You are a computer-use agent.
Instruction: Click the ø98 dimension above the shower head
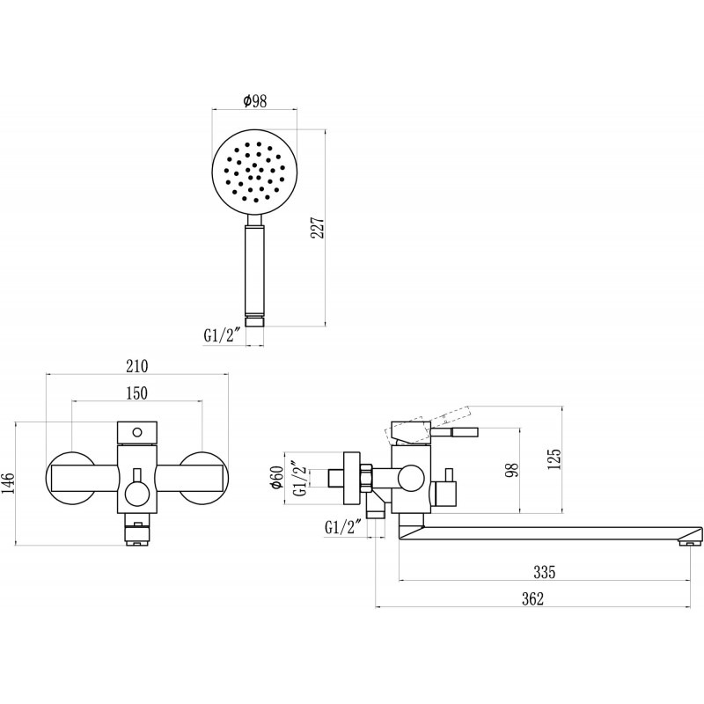click(x=255, y=100)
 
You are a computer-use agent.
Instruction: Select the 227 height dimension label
click(x=318, y=228)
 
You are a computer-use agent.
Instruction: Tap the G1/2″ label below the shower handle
click(x=223, y=335)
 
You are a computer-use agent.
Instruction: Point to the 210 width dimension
click(x=137, y=366)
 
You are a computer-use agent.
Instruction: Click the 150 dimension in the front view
click(x=137, y=392)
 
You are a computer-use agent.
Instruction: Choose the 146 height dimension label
click(x=9, y=483)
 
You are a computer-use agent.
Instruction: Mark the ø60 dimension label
click(x=277, y=477)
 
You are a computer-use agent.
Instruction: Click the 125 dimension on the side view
click(x=554, y=458)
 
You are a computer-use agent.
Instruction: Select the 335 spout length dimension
click(x=545, y=572)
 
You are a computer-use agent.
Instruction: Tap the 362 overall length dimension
click(x=533, y=599)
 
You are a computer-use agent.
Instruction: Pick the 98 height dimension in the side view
click(x=512, y=469)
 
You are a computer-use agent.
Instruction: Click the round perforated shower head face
click(x=254, y=172)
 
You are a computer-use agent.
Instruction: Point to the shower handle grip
click(x=254, y=270)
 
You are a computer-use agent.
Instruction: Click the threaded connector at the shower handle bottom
click(x=254, y=322)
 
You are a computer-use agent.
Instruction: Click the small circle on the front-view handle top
click(x=137, y=433)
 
